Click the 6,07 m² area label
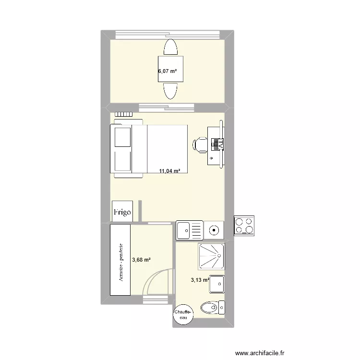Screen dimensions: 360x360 (x=167, y=72)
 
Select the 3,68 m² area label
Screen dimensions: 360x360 (x=141, y=260)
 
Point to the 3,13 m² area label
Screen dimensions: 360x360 (x=200, y=280)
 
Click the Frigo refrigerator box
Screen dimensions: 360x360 (x=122, y=212)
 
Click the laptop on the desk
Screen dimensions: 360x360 (x=218, y=143)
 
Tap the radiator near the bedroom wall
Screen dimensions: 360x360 (x=123, y=115)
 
